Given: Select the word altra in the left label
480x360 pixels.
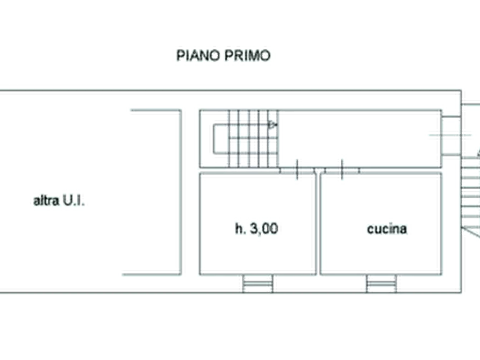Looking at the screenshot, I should click(x=45, y=202).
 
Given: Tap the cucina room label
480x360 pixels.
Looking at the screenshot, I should click(x=388, y=229).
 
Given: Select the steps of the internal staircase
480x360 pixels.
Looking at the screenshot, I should click(x=250, y=139).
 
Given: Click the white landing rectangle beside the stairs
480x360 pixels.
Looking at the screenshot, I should click(x=220, y=139).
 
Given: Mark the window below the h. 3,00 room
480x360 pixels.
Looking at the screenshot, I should click(x=257, y=279).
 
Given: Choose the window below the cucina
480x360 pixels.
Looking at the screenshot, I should click(x=383, y=279).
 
